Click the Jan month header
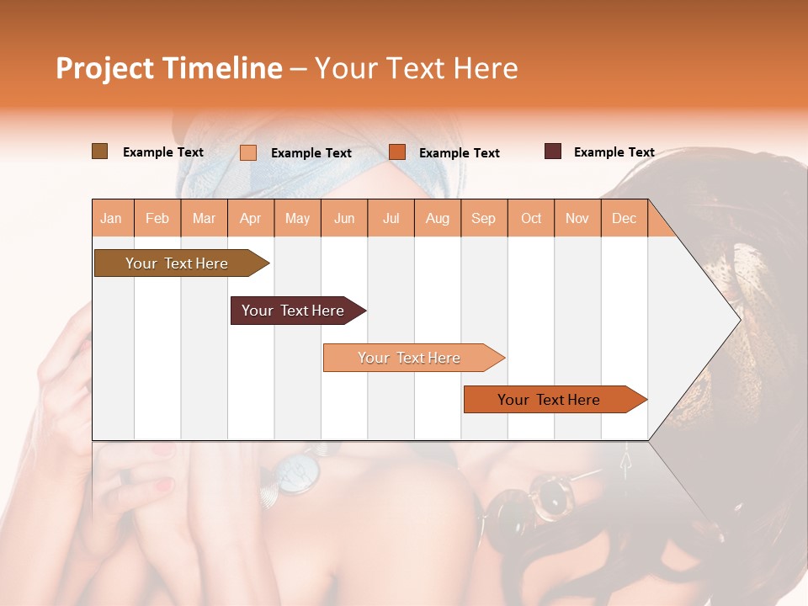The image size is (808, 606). (x=112, y=218)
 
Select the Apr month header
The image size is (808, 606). (x=251, y=218)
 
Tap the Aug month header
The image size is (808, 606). (x=437, y=218)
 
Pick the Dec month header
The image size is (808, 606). (x=624, y=218)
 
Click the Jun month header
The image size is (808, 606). (x=344, y=218)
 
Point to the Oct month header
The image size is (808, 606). (x=531, y=218)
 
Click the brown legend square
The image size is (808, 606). (x=100, y=151)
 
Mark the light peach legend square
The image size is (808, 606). (x=248, y=152)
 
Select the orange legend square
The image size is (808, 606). (x=397, y=152)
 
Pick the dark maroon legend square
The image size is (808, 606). (x=553, y=151)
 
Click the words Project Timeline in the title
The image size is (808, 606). (x=168, y=68)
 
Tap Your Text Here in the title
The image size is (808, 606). (x=416, y=68)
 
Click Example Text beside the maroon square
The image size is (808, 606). (x=614, y=151)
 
